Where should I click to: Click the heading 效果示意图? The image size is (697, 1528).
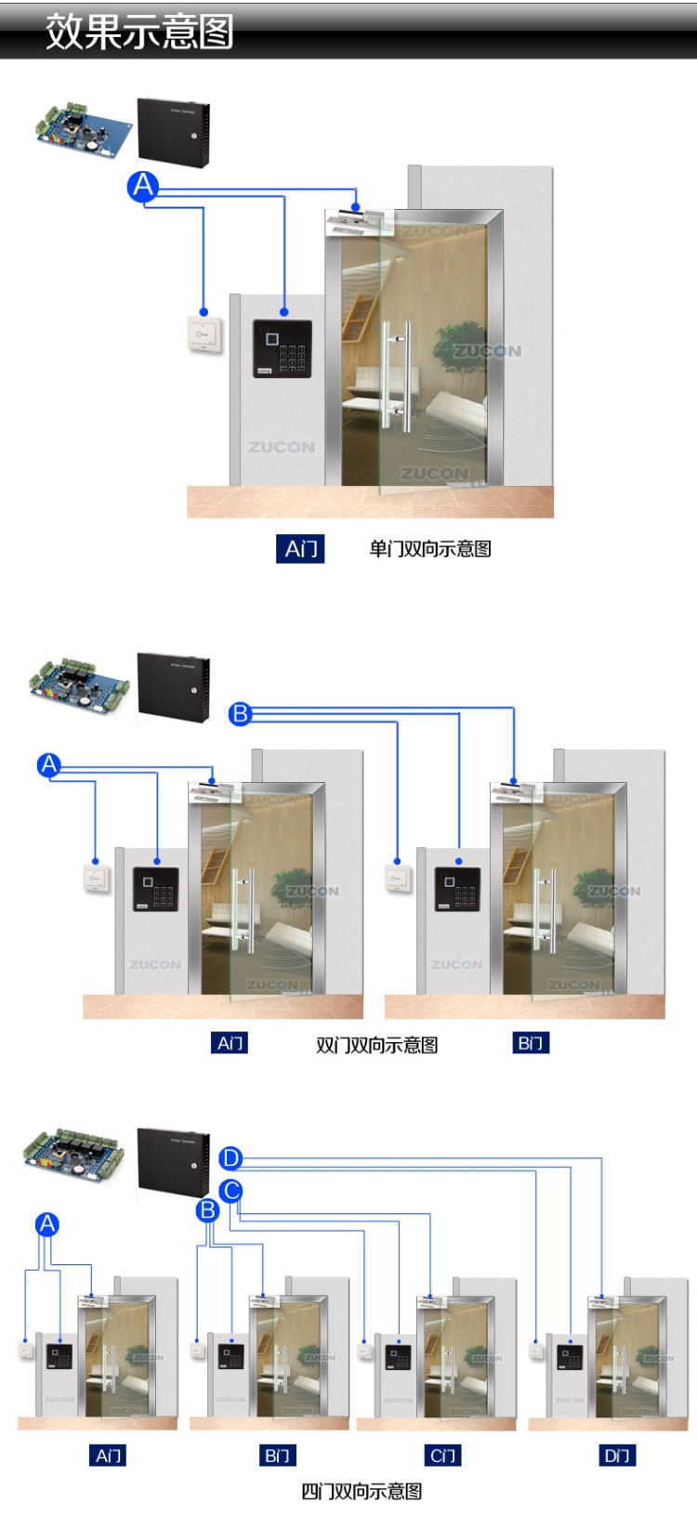(139, 32)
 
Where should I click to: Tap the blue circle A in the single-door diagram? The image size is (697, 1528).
(143, 187)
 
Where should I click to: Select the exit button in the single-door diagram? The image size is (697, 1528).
(204, 334)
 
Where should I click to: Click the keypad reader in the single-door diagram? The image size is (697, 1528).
(283, 348)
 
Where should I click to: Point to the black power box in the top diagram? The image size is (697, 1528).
(174, 132)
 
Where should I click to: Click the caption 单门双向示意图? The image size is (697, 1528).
(429, 549)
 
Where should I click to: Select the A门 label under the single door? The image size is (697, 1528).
(301, 549)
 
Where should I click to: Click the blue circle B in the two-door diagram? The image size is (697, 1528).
(241, 713)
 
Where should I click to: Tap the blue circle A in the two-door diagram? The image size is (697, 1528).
(49, 765)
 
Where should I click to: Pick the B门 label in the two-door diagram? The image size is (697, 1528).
(531, 1043)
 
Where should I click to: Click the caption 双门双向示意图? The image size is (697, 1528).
(376, 1045)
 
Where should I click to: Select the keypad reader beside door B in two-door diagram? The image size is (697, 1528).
(457, 889)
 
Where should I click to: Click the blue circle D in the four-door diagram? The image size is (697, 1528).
(231, 1158)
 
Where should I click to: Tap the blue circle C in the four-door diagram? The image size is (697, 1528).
(231, 1190)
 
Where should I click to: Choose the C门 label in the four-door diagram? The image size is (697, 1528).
(443, 1456)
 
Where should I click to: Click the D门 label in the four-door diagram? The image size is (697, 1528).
(617, 1456)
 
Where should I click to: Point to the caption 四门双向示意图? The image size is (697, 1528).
(362, 1492)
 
